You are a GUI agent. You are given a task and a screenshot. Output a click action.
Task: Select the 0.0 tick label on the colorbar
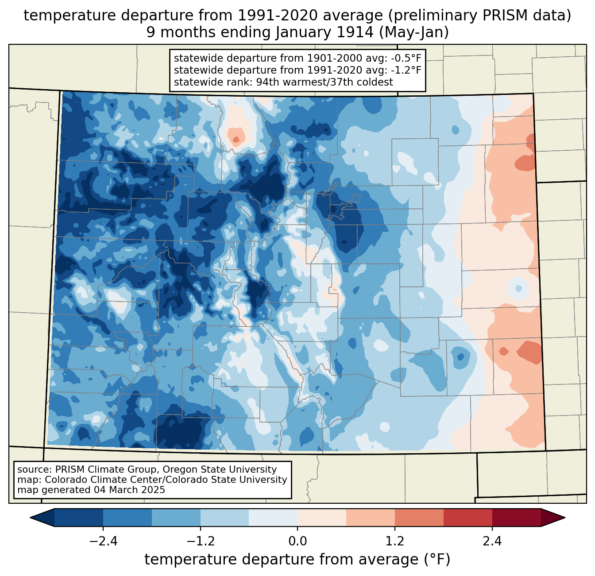297,541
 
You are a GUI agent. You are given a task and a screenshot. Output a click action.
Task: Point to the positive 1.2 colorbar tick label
395,541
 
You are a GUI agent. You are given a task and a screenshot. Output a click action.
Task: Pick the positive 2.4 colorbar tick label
492,541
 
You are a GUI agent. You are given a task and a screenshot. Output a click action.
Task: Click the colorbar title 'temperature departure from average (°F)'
297,560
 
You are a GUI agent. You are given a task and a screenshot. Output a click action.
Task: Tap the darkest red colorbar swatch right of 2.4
516,517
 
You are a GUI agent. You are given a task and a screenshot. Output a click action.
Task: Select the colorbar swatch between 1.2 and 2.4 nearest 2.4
467,517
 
